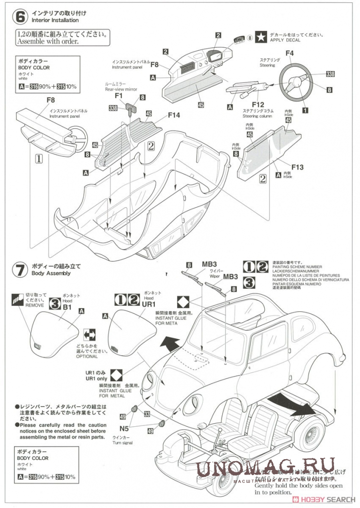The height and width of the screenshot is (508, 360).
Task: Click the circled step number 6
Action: point(20,16)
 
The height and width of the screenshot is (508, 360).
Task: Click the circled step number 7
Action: point(20,270)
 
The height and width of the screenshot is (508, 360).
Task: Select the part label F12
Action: point(258,104)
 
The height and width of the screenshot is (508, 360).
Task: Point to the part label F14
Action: point(174,115)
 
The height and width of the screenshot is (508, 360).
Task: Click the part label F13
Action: point(297,167)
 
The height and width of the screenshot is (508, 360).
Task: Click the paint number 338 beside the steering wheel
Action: point(330,74)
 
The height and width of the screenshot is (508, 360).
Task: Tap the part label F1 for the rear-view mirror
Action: point(119,95)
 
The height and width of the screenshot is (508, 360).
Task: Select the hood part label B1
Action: point(67,307)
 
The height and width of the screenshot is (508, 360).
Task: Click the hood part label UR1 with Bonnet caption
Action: point(149,304)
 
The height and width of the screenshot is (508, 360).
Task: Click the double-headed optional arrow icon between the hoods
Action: point(90,334)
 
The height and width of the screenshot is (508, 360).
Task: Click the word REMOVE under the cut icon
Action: point(34,305)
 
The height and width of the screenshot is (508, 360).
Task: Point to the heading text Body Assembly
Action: point(51,273)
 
